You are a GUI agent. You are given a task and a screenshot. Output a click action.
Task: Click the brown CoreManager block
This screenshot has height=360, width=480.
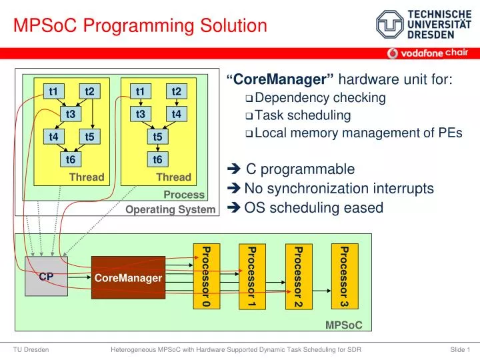click(x=128, y=277)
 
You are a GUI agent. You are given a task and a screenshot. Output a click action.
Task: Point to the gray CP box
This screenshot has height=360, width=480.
click(x=46, y=276)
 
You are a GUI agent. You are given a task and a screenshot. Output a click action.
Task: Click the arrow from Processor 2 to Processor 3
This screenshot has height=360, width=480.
click(x=319, y=291)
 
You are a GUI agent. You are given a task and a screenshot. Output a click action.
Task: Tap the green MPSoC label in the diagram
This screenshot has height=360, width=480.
click(x=343, y=325)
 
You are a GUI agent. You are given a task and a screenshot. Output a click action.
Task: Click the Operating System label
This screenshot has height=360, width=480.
click(x=171, y=209)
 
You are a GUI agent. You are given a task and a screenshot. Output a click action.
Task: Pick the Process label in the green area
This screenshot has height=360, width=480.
click(x=184, y=195)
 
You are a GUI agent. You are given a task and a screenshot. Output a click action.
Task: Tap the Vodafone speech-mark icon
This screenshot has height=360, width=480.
click(x=393, y=53)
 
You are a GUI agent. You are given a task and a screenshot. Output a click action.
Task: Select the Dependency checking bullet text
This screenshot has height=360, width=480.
click(x=320, y=98)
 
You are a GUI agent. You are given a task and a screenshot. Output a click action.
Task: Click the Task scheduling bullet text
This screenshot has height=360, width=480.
click(x=303, y=115)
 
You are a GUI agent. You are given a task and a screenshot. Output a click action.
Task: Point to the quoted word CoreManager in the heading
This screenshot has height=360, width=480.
click(x=284, y=80)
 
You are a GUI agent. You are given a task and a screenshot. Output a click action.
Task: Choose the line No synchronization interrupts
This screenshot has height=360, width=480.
click(x=339, y=189)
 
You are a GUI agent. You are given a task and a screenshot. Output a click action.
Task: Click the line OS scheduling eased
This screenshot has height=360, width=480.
click(x=313, y=208)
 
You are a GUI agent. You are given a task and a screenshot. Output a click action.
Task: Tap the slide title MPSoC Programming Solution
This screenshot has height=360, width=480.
click(x=141, y=26)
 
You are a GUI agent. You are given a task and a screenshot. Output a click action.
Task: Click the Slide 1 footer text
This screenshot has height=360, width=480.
click(x=460, y=349)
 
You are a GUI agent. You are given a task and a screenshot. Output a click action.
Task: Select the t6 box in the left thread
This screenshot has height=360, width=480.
click(x=71, y=159)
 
